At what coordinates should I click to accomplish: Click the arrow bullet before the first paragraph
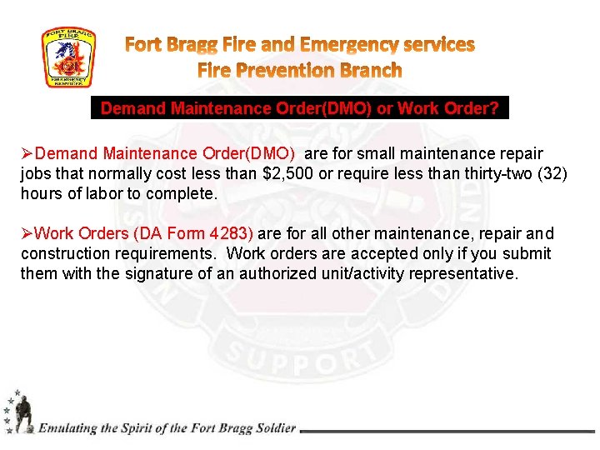point(27,154)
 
